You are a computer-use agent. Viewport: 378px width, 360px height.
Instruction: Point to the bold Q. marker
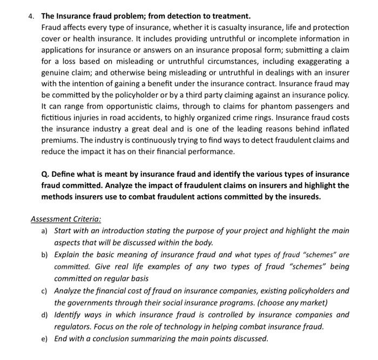46,174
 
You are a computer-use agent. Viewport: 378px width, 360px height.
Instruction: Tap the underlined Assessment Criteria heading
66,219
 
